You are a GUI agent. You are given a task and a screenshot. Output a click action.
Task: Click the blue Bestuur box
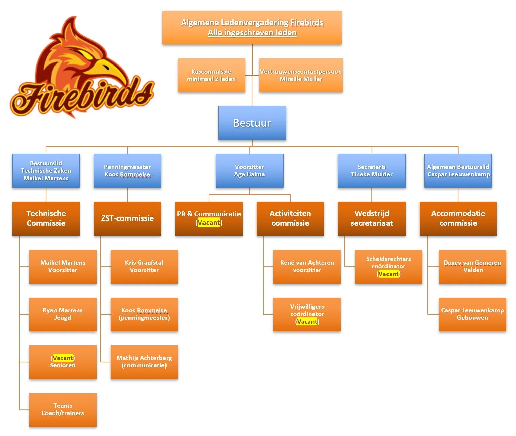click(252, 123)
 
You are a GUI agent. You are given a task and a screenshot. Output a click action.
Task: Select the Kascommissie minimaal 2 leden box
click(211, 75)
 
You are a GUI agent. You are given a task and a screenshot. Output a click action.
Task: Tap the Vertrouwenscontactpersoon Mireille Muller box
click(301, 75)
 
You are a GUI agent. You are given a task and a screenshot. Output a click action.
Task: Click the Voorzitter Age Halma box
click(249, 171)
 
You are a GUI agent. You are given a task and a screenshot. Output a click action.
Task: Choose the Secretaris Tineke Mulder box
click(371, 171)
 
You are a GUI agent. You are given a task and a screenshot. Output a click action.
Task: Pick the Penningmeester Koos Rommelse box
click(127, 171)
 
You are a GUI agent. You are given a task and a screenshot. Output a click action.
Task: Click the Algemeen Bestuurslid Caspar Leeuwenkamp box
click(458, 171)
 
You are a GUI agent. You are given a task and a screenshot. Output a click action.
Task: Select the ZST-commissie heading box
click(127, 218)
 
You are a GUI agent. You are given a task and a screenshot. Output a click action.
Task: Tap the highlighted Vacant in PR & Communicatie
click(209, 223)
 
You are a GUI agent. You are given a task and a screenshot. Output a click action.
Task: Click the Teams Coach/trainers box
click(63, 409)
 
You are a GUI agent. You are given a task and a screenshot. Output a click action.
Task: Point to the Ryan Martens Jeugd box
click(63, 314)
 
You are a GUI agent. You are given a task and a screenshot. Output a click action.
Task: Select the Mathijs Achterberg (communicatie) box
click(144, 362)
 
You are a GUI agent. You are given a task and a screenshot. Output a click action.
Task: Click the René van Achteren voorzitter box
click(307, 266)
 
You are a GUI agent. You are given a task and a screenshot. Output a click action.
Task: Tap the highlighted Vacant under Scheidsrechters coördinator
click(389, 274)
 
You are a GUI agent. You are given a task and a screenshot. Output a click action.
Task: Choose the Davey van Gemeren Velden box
click(472, 266)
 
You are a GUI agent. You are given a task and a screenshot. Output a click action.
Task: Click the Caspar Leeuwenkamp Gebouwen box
click(472, 314)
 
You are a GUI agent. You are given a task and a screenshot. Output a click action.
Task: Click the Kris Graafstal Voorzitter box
click(144, 266)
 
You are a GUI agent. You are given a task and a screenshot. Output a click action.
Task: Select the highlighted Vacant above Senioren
click(63, 358)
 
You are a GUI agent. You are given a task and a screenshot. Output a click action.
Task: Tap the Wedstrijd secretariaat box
click(371, 218)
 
